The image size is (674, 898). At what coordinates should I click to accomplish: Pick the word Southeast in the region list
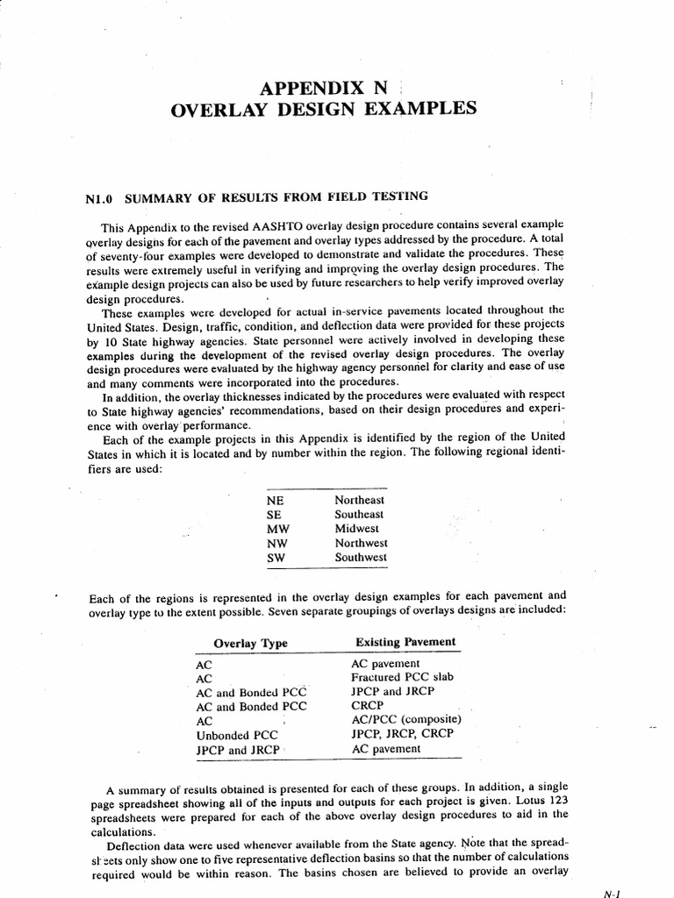tap(359, 514)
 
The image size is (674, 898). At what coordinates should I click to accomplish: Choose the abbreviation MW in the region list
tap(276, 529)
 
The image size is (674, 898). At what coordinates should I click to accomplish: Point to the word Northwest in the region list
tap(361, 543)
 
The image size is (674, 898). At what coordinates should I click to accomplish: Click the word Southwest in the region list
tap(361, 557)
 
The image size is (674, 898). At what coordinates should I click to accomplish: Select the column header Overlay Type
tap(250, 643)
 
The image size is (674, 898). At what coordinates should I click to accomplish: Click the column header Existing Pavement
tap(405, 642)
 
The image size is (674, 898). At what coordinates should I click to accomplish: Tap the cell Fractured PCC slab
tap(402, 678)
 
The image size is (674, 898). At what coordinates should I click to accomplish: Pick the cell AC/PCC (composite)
tap(406, 720)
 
